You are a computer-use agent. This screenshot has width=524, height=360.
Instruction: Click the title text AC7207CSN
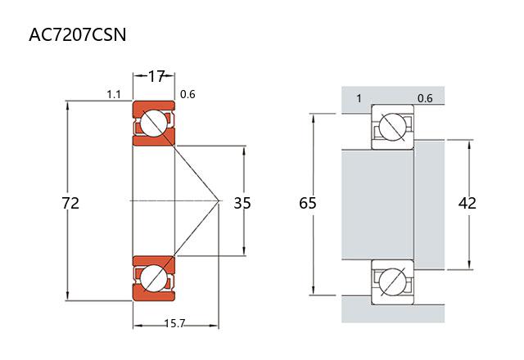[77, 35]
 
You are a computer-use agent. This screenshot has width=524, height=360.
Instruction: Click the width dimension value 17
[156, 77]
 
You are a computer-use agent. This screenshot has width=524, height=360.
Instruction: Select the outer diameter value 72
[70, 202]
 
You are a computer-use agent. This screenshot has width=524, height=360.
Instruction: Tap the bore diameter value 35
[242, 202]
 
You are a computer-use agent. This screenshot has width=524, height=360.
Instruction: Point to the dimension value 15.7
[174, 325]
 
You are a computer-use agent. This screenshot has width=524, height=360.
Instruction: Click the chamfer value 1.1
[114, 95]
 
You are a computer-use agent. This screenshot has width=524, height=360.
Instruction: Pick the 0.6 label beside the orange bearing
[187, 95]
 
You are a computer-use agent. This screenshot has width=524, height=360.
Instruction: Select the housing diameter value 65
[308, 202]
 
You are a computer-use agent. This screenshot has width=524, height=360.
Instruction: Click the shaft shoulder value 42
[468, 202]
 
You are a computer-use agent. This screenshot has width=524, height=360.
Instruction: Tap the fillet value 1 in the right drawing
[359, 99]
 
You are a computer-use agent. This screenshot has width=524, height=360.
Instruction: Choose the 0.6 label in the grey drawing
[425, 99]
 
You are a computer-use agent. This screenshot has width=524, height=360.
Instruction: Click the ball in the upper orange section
[152, 124]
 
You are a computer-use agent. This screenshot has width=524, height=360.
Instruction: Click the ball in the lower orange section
[152, 278]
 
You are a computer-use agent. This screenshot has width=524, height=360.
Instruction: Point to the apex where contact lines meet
[219, 200]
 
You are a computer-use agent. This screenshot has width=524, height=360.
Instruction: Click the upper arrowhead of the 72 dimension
[68, 104]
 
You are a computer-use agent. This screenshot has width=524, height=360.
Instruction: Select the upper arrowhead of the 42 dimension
[469, 142]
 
